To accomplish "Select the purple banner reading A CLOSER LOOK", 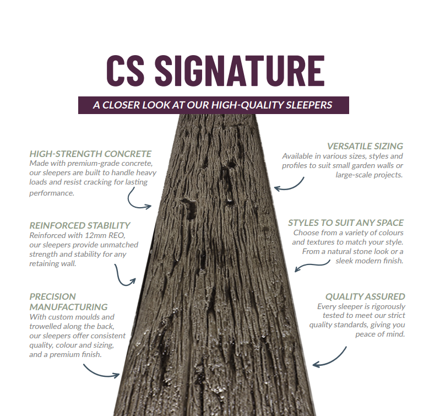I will [x=213, y=105].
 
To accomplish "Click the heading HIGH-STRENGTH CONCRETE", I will [x=90, y=154].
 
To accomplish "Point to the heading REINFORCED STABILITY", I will [x=80, y=225].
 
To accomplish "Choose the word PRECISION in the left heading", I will [x=53, y=296].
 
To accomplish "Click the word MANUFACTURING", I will [x=69, y=306].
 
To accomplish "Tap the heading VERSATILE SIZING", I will [x=365, y=146].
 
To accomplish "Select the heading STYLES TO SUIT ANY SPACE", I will [x=346, y=223].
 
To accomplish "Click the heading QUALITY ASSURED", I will [x=365, y=296].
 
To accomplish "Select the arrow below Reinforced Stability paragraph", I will [x=125, y=274].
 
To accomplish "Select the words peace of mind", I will [x=381, y=334].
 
